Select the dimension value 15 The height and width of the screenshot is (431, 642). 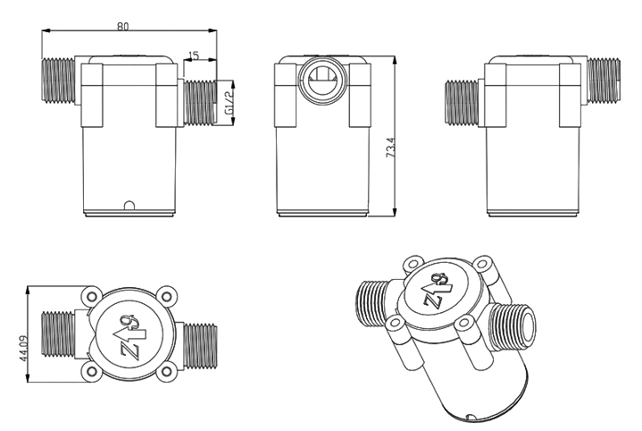[194, 55]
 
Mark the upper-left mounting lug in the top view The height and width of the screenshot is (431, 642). [89, 296]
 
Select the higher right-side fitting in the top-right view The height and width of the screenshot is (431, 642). [604, 76]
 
